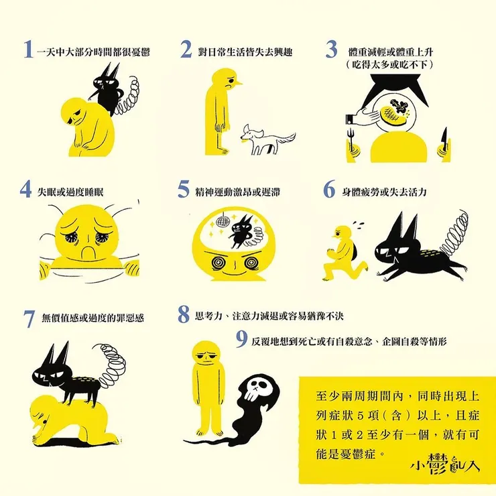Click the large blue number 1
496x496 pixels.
tap(27, 50)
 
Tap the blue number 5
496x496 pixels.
tap(184, 190)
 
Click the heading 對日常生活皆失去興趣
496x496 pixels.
tap(245, 52)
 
